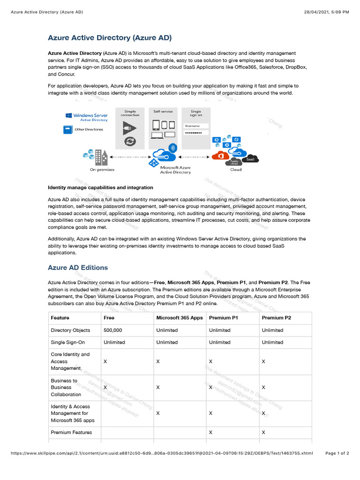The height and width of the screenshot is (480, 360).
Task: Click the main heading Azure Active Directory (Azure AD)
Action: point(110,37)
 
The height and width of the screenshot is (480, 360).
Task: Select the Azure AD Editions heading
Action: point(78,268)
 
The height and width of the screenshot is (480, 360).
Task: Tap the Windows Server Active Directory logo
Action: point(87,117)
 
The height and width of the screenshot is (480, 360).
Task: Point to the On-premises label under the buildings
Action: point(102,170)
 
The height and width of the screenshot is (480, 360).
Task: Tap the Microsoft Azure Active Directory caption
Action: point(175,170)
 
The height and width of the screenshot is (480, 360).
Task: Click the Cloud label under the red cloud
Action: point(236,170)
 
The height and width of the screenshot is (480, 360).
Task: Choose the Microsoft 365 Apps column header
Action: point(180,318)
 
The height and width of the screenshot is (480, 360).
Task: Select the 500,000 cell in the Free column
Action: point(112,330)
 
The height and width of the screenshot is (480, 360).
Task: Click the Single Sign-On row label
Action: point(68,342)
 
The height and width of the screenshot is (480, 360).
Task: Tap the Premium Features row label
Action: point(71,432)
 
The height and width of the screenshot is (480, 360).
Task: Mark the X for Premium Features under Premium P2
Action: point(263,432)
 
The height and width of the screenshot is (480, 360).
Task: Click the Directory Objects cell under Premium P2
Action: point(272,330)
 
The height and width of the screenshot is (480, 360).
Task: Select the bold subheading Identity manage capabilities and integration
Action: point(100,187)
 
